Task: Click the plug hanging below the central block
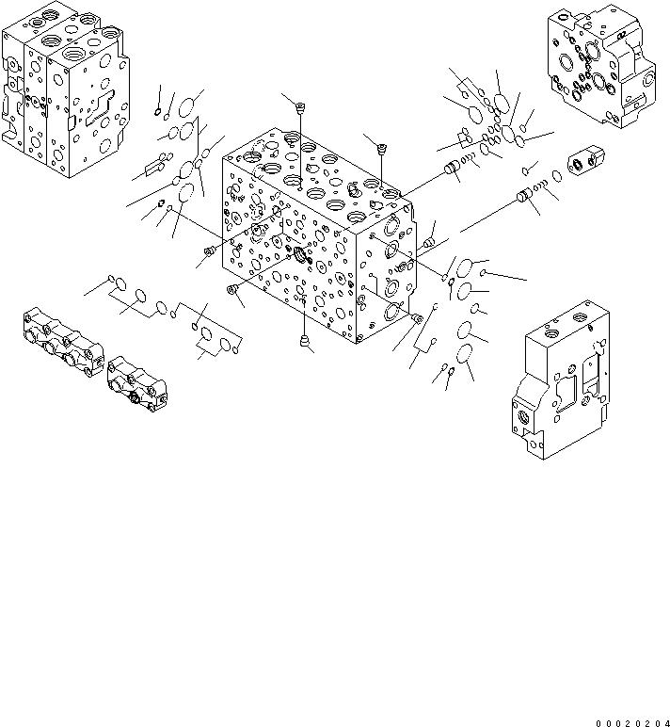(303, 340)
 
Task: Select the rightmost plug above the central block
(381, 147)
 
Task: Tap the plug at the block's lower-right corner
(417, 318)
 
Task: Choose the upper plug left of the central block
(209, 250)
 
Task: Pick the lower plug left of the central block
(231, 291)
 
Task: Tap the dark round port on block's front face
(303, 255)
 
